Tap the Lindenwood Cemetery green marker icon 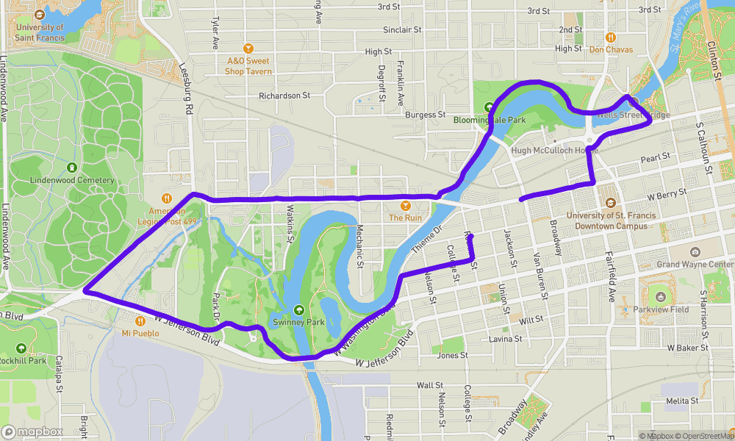72,167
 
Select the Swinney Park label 298,322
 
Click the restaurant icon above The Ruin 405,205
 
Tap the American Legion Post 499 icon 168,197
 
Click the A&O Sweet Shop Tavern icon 248,49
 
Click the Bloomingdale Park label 490,120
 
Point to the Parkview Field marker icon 660,297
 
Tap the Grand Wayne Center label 695,265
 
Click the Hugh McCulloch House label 555,151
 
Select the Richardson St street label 284,96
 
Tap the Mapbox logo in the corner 32,431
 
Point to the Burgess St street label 426,115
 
